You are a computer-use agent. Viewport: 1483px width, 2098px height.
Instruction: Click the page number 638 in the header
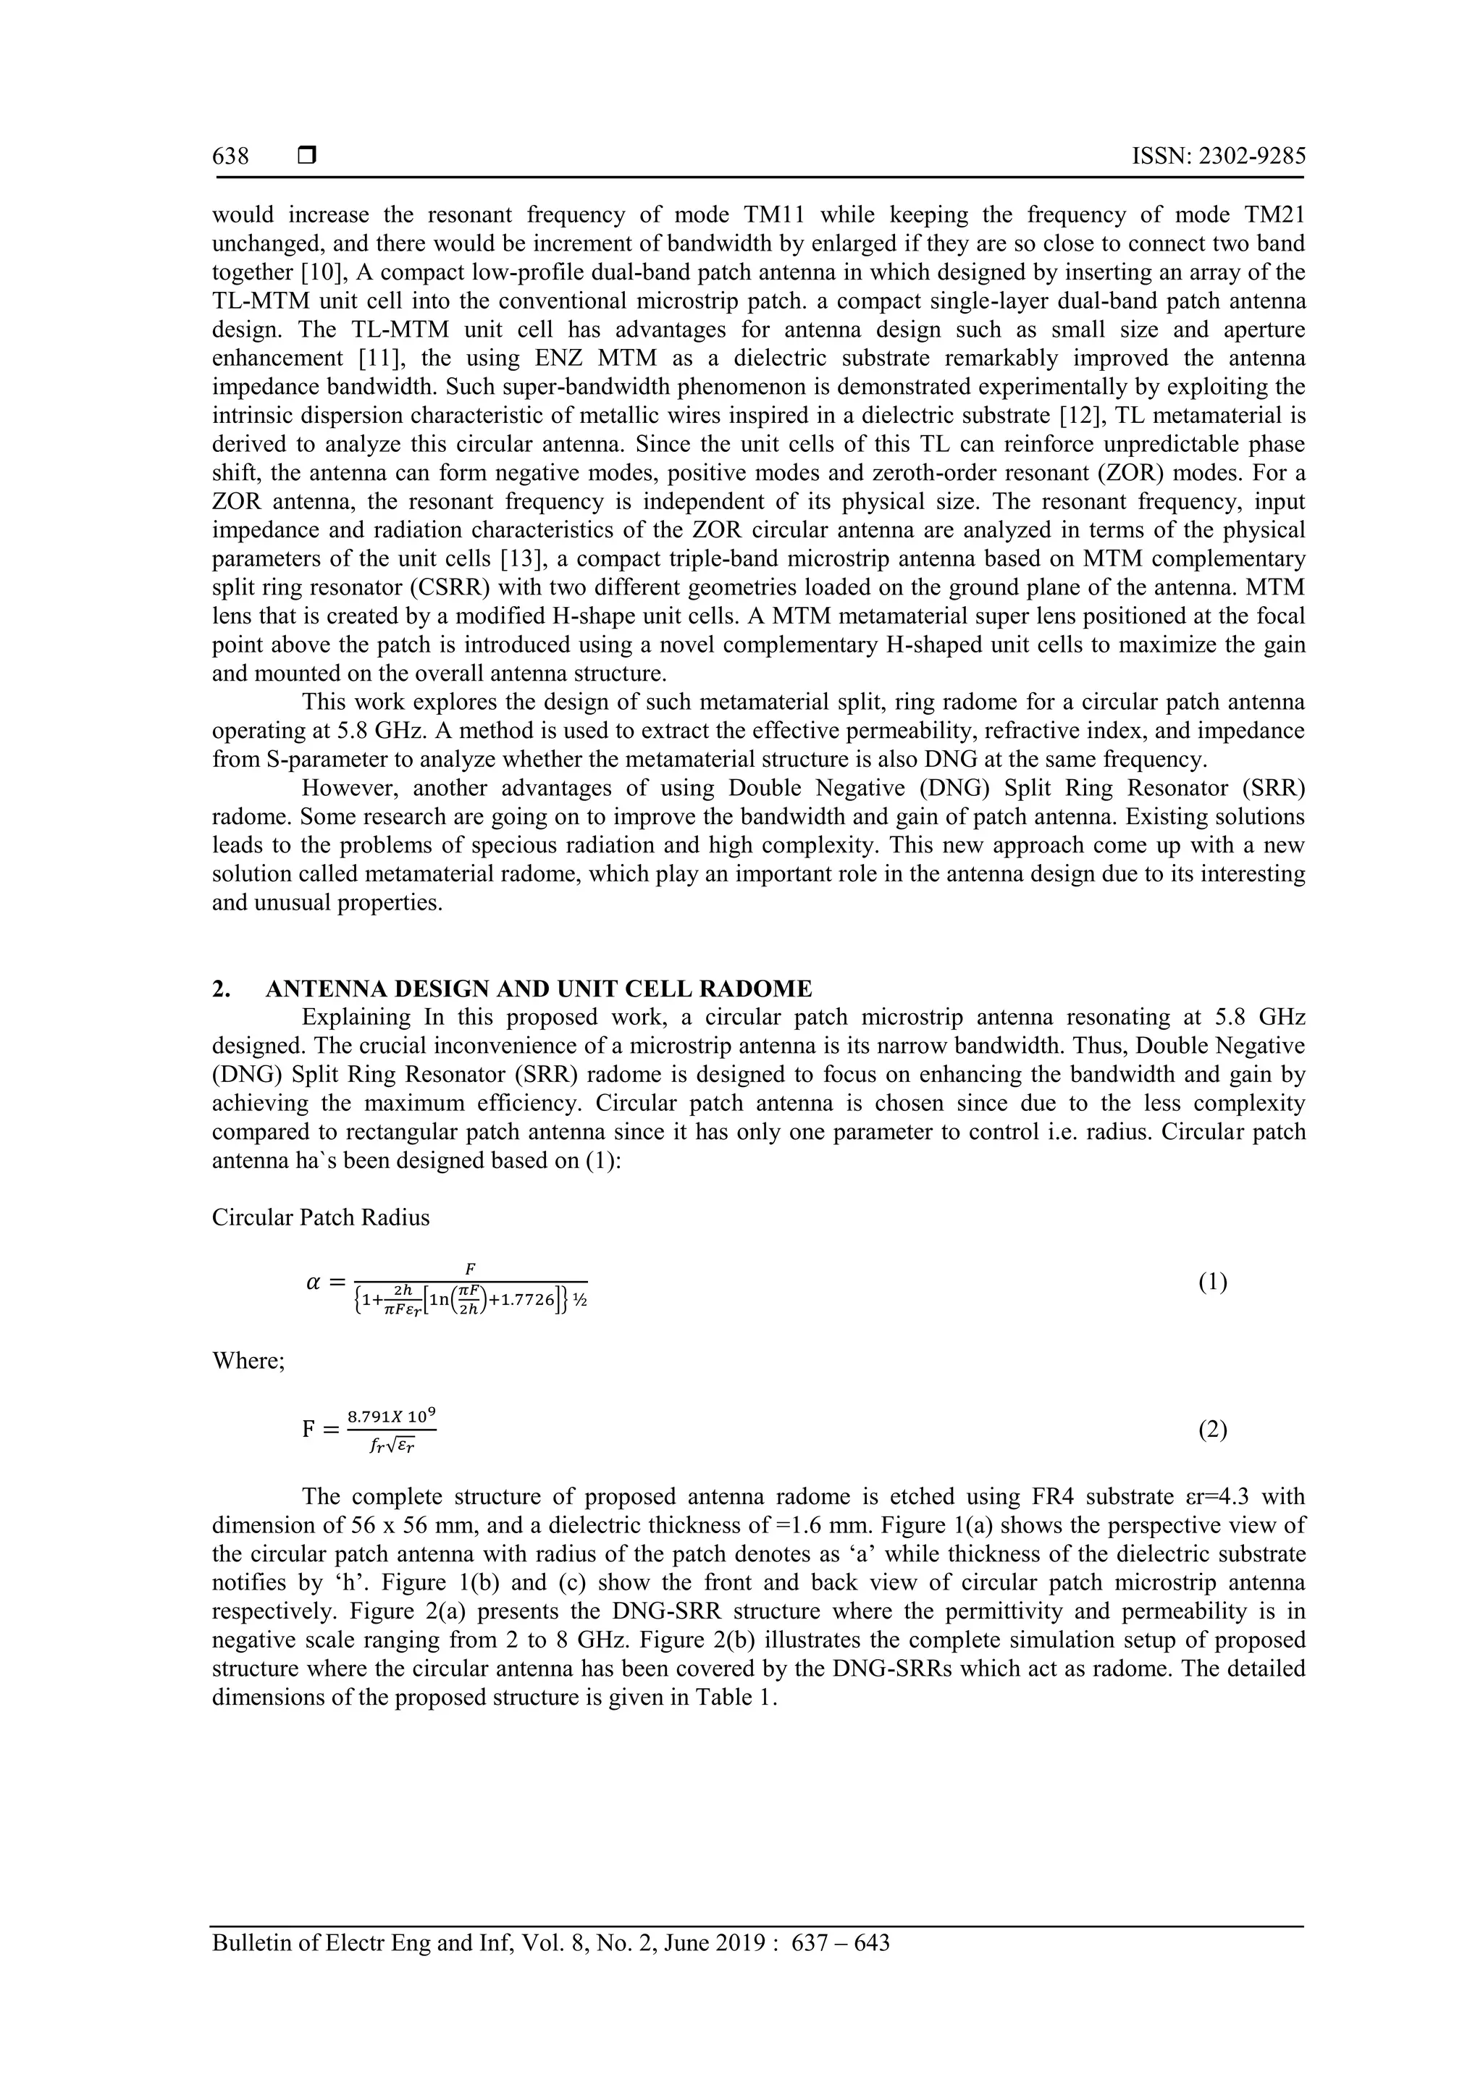coord(230,156)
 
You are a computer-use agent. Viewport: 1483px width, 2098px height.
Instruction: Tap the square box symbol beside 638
coord(307,156)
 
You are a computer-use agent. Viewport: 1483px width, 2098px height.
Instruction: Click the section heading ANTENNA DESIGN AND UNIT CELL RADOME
coord(538,989)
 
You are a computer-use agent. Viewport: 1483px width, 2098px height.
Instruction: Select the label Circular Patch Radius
coord(321,1218)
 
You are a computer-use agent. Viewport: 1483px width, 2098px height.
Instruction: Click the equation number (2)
coord(1212,1430)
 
